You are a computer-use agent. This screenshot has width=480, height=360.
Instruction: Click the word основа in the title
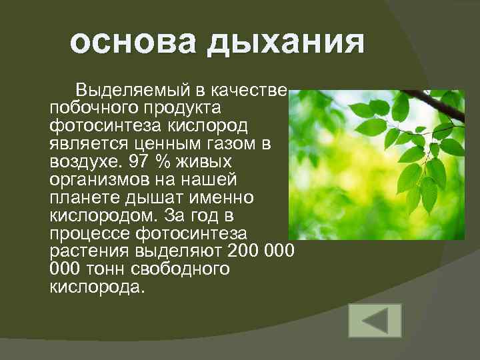pyautogui.click(x=120, y=44)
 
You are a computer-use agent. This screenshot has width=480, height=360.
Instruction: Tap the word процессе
pyautogui.click(x=89, y=233)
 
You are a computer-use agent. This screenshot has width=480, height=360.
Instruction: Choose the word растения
pyautogui.click(x=87, y=251)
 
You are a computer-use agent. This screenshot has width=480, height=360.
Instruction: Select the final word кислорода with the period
pyautogui.click(x=96, y=287)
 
